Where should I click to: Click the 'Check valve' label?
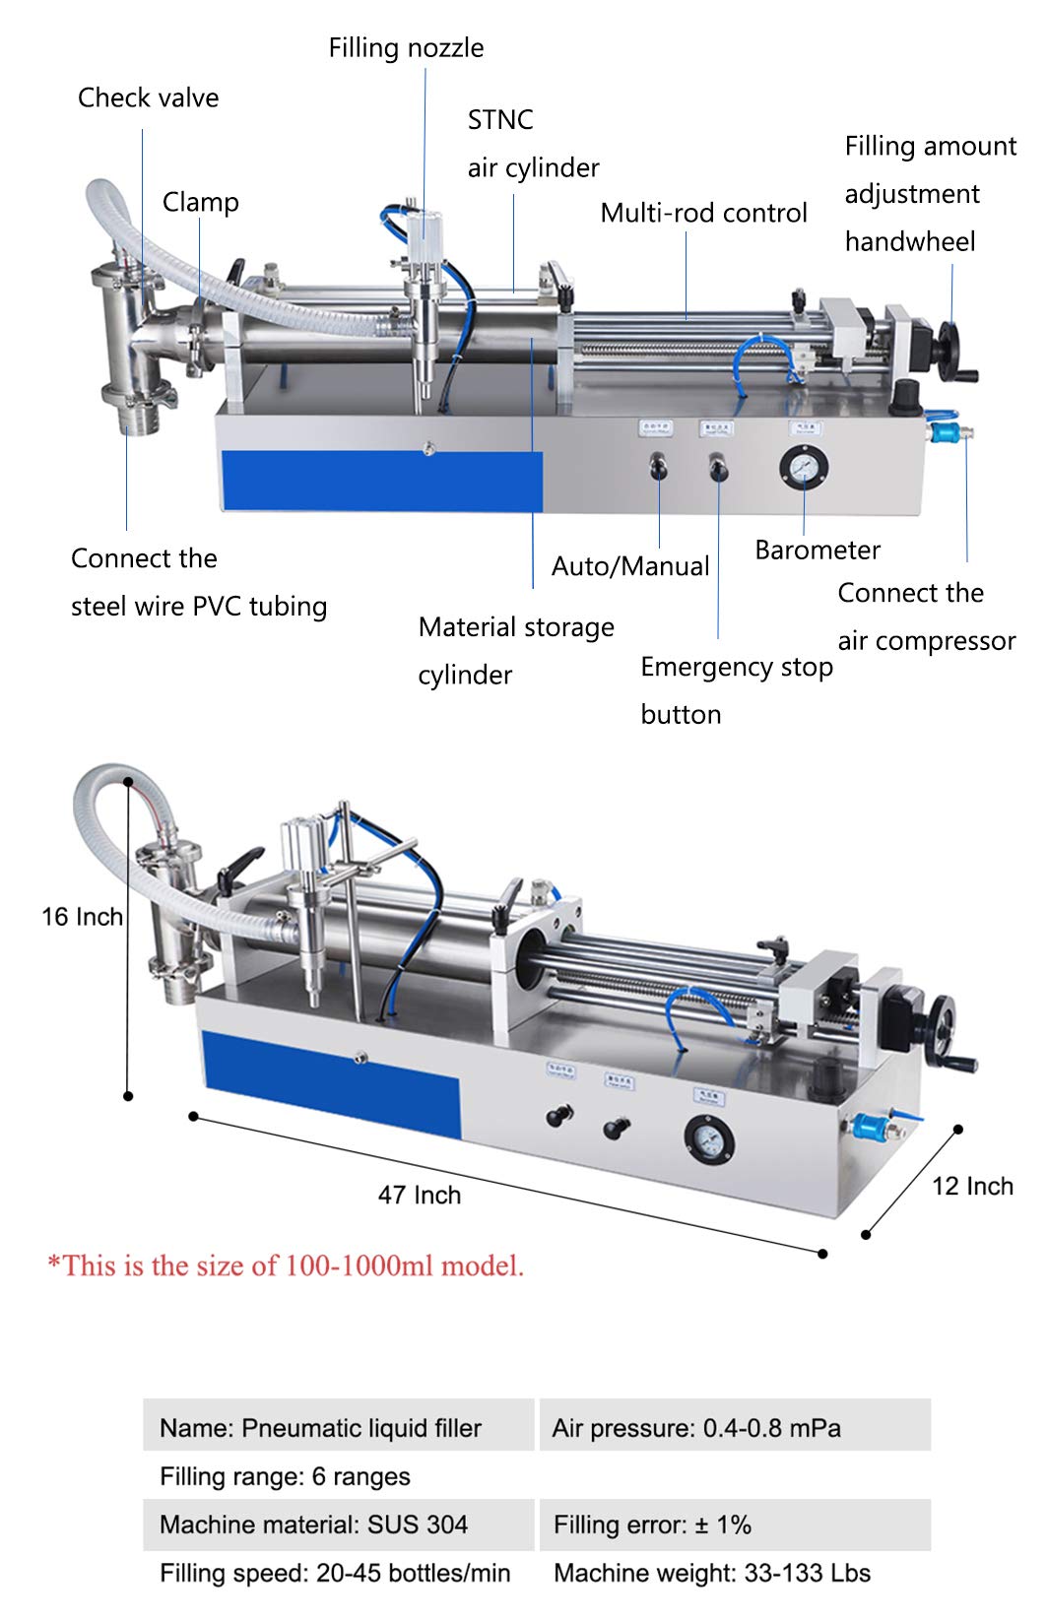(x=148, y=97)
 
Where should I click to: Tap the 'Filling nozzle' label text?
(x=406, y=47)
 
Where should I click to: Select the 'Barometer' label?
(x=817, y=550)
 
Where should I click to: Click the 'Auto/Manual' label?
(x=630, y=566)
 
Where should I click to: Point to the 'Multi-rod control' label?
(x=703, y=213)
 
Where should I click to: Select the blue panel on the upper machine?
(x=381, y=481)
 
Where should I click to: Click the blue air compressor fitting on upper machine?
(x=947, y=432)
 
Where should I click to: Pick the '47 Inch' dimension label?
(x=420, y=1195)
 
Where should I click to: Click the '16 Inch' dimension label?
(x=82, y=917)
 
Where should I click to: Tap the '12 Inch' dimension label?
(x=972, y=1186)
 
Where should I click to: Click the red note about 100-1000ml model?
(x=286, y=1265)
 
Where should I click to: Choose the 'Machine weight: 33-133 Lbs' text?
(x=712, y=1573)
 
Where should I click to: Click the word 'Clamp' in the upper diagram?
(x=200, y=202)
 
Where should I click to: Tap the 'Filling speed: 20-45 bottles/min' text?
(x=335, y=1573)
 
